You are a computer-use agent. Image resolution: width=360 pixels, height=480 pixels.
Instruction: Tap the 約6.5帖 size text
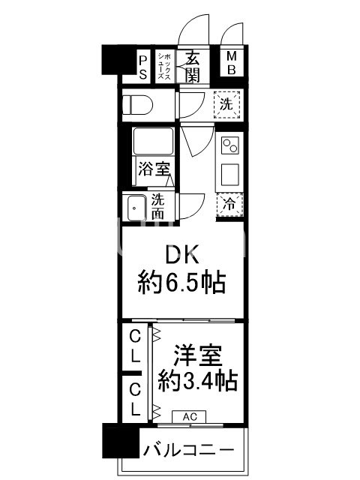click(x=182, y=284)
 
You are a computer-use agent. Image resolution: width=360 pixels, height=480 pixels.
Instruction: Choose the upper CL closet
click(x=135, y=346)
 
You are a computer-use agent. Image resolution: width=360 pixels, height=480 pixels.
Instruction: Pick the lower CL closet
click(x=135, y=398)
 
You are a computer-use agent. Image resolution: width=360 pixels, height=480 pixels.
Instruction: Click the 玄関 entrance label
click(x=193, y=67)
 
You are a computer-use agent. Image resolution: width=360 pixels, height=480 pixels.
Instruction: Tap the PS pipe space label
click(x=143, y=66)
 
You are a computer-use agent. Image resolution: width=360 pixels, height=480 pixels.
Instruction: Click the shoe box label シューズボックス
click(x=165, y=66)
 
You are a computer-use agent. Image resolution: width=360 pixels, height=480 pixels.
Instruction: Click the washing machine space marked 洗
click(x=227, y=104)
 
